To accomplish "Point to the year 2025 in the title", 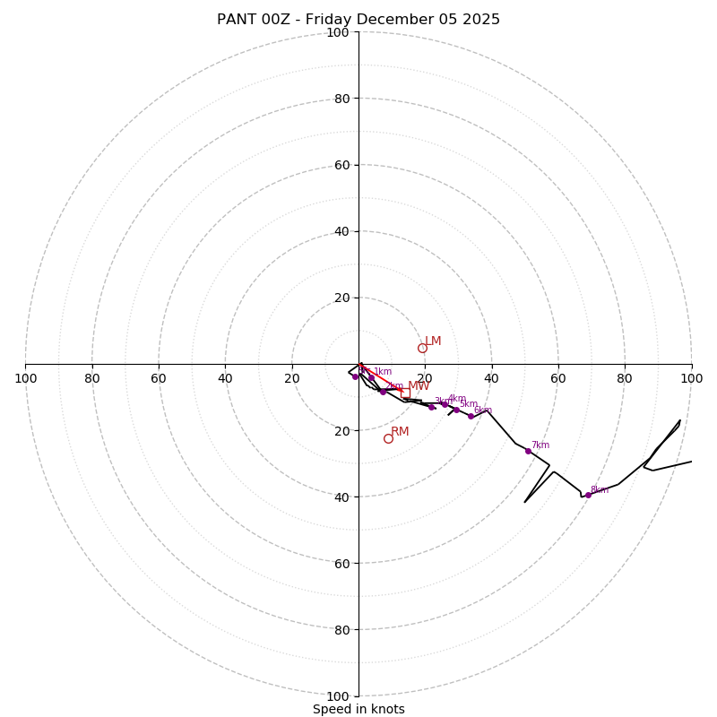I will point(480,20).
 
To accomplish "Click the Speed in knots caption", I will point(358,709).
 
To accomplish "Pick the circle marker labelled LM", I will point(422,348).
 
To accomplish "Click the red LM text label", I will point(433,341).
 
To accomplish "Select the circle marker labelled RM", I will point(388,438).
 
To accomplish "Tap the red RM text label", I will point(400,432).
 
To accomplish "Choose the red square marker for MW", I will point(405,393).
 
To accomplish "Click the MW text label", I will point(419,386).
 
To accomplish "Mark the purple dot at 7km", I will point(528,451).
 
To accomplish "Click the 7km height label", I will point(540,445).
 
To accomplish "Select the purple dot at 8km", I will point(588,495).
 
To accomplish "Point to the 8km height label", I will point(599,490).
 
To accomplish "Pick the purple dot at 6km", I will point(471,416).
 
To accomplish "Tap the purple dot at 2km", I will point(383,392).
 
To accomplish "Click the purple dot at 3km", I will point(431,407).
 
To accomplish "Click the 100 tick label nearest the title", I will point(338,32).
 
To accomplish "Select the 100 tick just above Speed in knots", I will point(338,696).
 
